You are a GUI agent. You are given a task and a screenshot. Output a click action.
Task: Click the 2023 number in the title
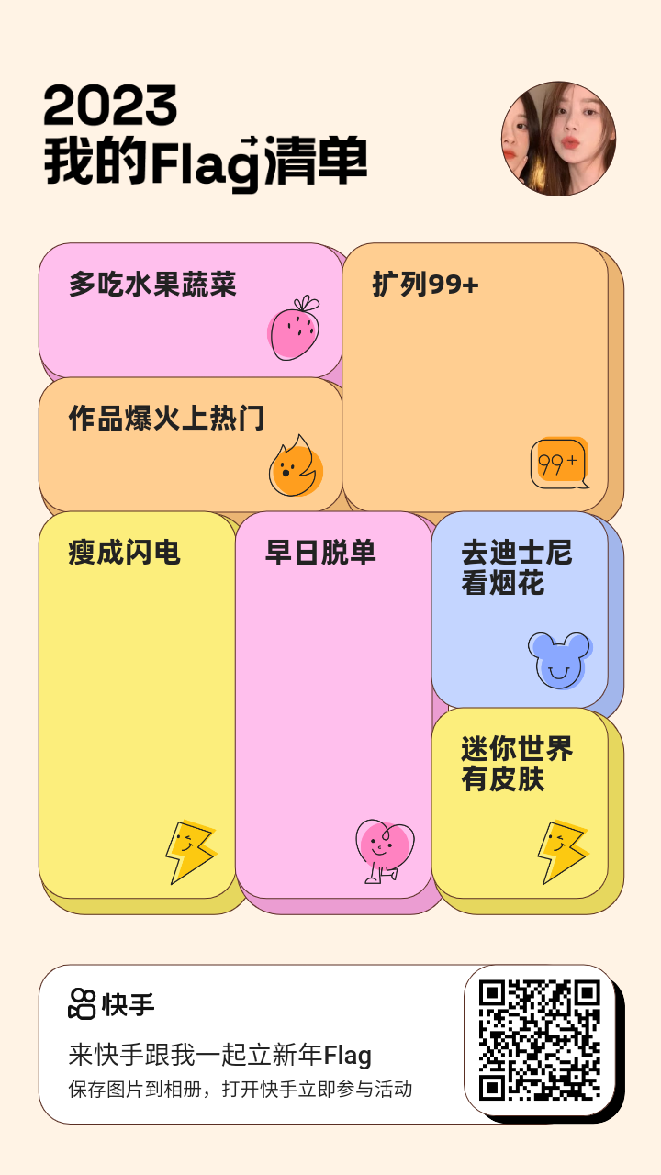[110, 105]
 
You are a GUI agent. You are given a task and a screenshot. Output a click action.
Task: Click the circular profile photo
[559, 139]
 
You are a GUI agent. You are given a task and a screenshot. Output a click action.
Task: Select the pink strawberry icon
[294, 328]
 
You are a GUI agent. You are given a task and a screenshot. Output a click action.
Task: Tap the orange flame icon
[296, 466]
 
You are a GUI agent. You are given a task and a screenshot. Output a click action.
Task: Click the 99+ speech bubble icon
[560, 463]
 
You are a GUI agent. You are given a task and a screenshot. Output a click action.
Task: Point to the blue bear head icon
[560, 660]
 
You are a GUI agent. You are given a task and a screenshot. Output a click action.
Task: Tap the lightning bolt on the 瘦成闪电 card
[191, 852]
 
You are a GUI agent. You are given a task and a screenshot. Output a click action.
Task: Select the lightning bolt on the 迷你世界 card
[563, 852]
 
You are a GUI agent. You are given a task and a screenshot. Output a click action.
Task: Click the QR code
[540, 1040]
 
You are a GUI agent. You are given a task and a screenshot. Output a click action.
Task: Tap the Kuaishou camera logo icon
[82, 1004]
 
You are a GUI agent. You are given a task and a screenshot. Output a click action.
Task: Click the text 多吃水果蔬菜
[152, 285]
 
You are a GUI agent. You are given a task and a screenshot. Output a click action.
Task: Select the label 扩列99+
[425, 285]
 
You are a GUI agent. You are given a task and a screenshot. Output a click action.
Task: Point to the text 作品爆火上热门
[167, 418]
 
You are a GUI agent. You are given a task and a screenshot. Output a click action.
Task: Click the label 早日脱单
[320, 553]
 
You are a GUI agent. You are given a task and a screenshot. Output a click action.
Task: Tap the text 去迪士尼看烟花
[517, 567]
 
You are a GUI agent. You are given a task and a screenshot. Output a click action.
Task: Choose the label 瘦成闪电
[124, 553]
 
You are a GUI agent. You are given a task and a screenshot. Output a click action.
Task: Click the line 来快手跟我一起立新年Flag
[219, 1055]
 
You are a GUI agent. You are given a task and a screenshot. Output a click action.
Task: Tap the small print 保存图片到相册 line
[135, 1089]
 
